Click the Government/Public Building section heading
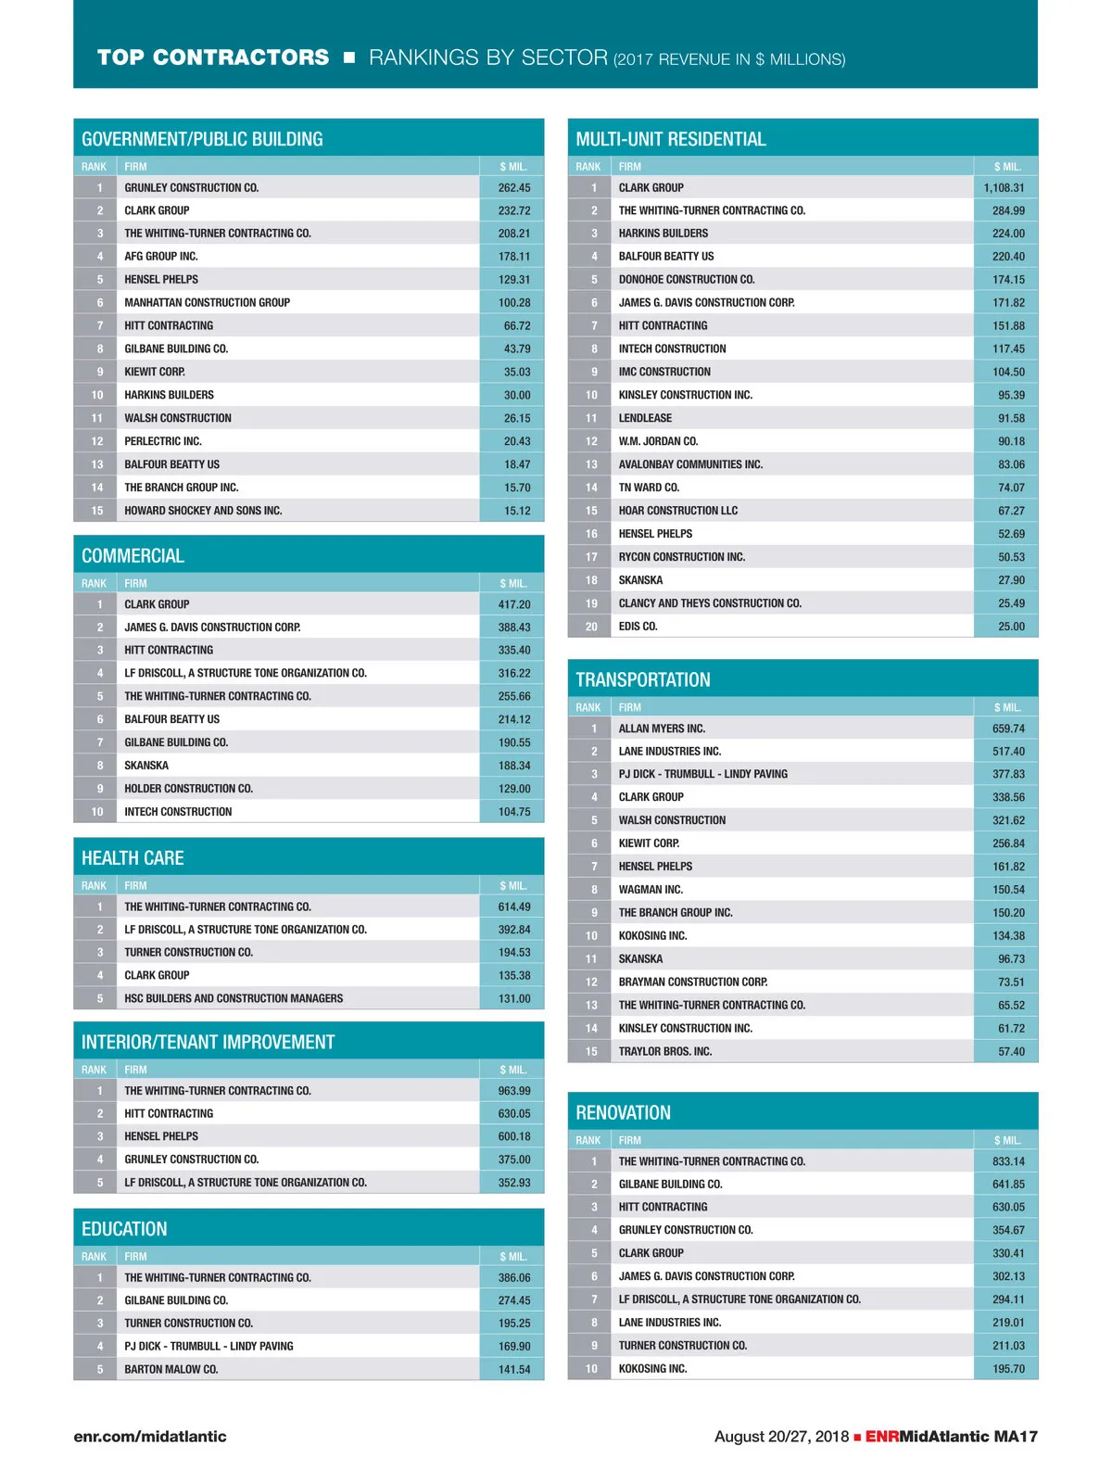point(202,139)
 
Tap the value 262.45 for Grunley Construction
point(514,187)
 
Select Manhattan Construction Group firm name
point(207,302)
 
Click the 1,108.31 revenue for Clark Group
point(1004,187)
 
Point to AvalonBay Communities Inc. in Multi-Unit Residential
point(690,464)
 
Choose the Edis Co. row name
point(638,627)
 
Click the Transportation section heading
point(643,679)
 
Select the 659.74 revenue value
point(1008,729)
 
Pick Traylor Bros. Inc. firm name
point(665,1051)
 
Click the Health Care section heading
point(133,858)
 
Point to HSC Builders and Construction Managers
point(234,998)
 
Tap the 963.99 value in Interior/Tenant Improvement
point(514,1091)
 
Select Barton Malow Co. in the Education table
point(171,1369)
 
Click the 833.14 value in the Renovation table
point(1008,1161)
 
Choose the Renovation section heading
point(623,1112)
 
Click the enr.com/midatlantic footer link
point(150,1437)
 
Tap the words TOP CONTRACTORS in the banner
point(213,57)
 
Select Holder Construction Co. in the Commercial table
point(188,789)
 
